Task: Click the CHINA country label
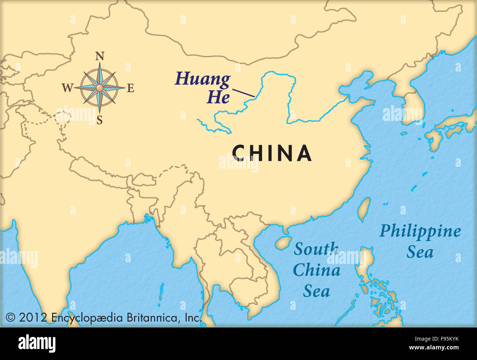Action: coord(272,153)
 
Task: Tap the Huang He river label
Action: coord(203,88)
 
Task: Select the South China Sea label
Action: coord(316,270)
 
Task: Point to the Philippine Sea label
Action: coord(420,241)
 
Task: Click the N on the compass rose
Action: coord(99,56)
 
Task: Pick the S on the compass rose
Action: coord(99,120)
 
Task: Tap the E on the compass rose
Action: coord(130,88)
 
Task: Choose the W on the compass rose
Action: coord(67,88)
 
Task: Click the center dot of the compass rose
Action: coord(99,88)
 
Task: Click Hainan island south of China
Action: coord(283,242)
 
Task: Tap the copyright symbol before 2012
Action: coord(10,317)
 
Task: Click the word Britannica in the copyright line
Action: coord(152,317)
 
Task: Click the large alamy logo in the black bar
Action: coord(37,344)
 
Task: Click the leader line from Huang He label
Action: coord(243,93)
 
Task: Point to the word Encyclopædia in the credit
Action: coord(87,317)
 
